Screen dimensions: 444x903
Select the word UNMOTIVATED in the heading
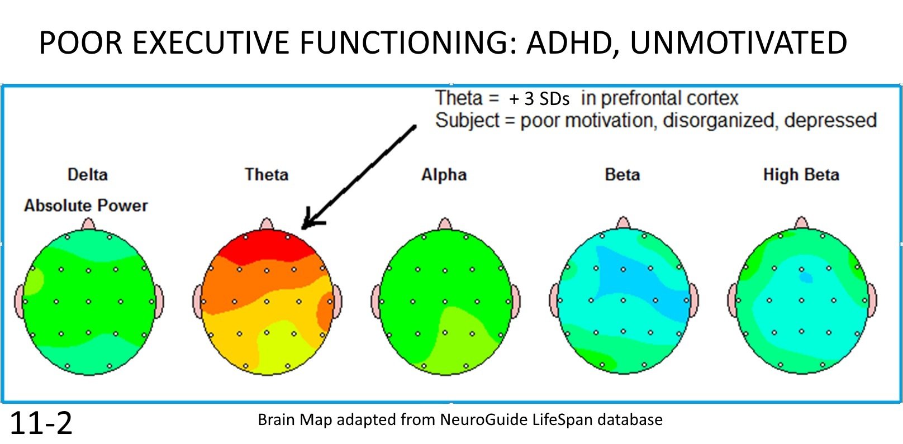click(x=738, y=43)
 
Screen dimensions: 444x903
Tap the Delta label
click(x=87, y=174)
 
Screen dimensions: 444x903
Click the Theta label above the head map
click(x=267, y=174)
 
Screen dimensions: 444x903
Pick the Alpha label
click(x=444, y=174)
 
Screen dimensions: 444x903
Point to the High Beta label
click(x=801, y=174)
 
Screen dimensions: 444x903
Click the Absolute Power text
click(x=85, y=205)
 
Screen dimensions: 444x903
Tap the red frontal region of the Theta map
click(x=267, y=246)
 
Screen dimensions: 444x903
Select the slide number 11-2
click(x=41, y=423)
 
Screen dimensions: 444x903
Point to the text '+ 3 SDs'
click(x=539, y=99)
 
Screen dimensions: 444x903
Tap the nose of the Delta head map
click(x=88, y=224)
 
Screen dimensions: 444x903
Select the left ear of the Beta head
click(x=554, y=300)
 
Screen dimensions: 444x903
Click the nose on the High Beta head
click(x=801, y=223)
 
